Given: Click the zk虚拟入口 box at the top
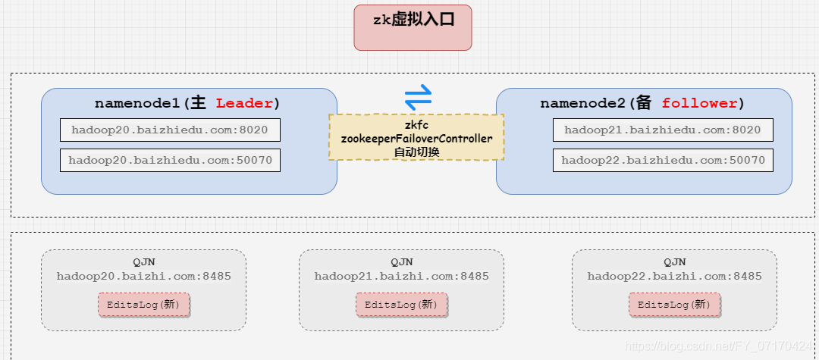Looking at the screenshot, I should click(x=413, y=27).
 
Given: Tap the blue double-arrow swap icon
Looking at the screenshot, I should click(x=417, y=96).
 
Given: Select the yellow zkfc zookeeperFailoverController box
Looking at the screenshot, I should click(x=416, y=137).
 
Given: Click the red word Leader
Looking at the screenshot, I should click(x=244, y=103).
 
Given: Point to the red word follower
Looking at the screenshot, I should click(x=699, y=103).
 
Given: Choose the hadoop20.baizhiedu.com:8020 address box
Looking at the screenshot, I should click(x=170, y=130).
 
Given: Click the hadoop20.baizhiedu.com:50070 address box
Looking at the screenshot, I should click(x=170, y=160).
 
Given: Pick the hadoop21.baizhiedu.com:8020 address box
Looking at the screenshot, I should click(x=663, y=130).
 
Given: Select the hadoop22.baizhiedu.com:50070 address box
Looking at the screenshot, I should click(x=663, y=160).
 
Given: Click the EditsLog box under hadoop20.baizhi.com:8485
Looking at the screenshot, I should click(x=143, y=305).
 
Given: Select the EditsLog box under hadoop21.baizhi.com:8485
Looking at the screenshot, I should click(x=401, y=305).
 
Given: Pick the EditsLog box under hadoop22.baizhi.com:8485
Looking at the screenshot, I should click(x=674, y=305).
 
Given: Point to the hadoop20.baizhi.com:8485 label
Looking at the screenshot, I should click(x=143, y=277).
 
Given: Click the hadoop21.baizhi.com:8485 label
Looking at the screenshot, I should click(x=401, y=277).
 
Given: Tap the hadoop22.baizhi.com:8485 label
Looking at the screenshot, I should click(x=674, y=277).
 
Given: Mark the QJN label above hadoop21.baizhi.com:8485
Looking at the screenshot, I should click(x=401, y=262).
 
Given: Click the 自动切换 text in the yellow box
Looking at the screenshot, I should click(x=416, y=152).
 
